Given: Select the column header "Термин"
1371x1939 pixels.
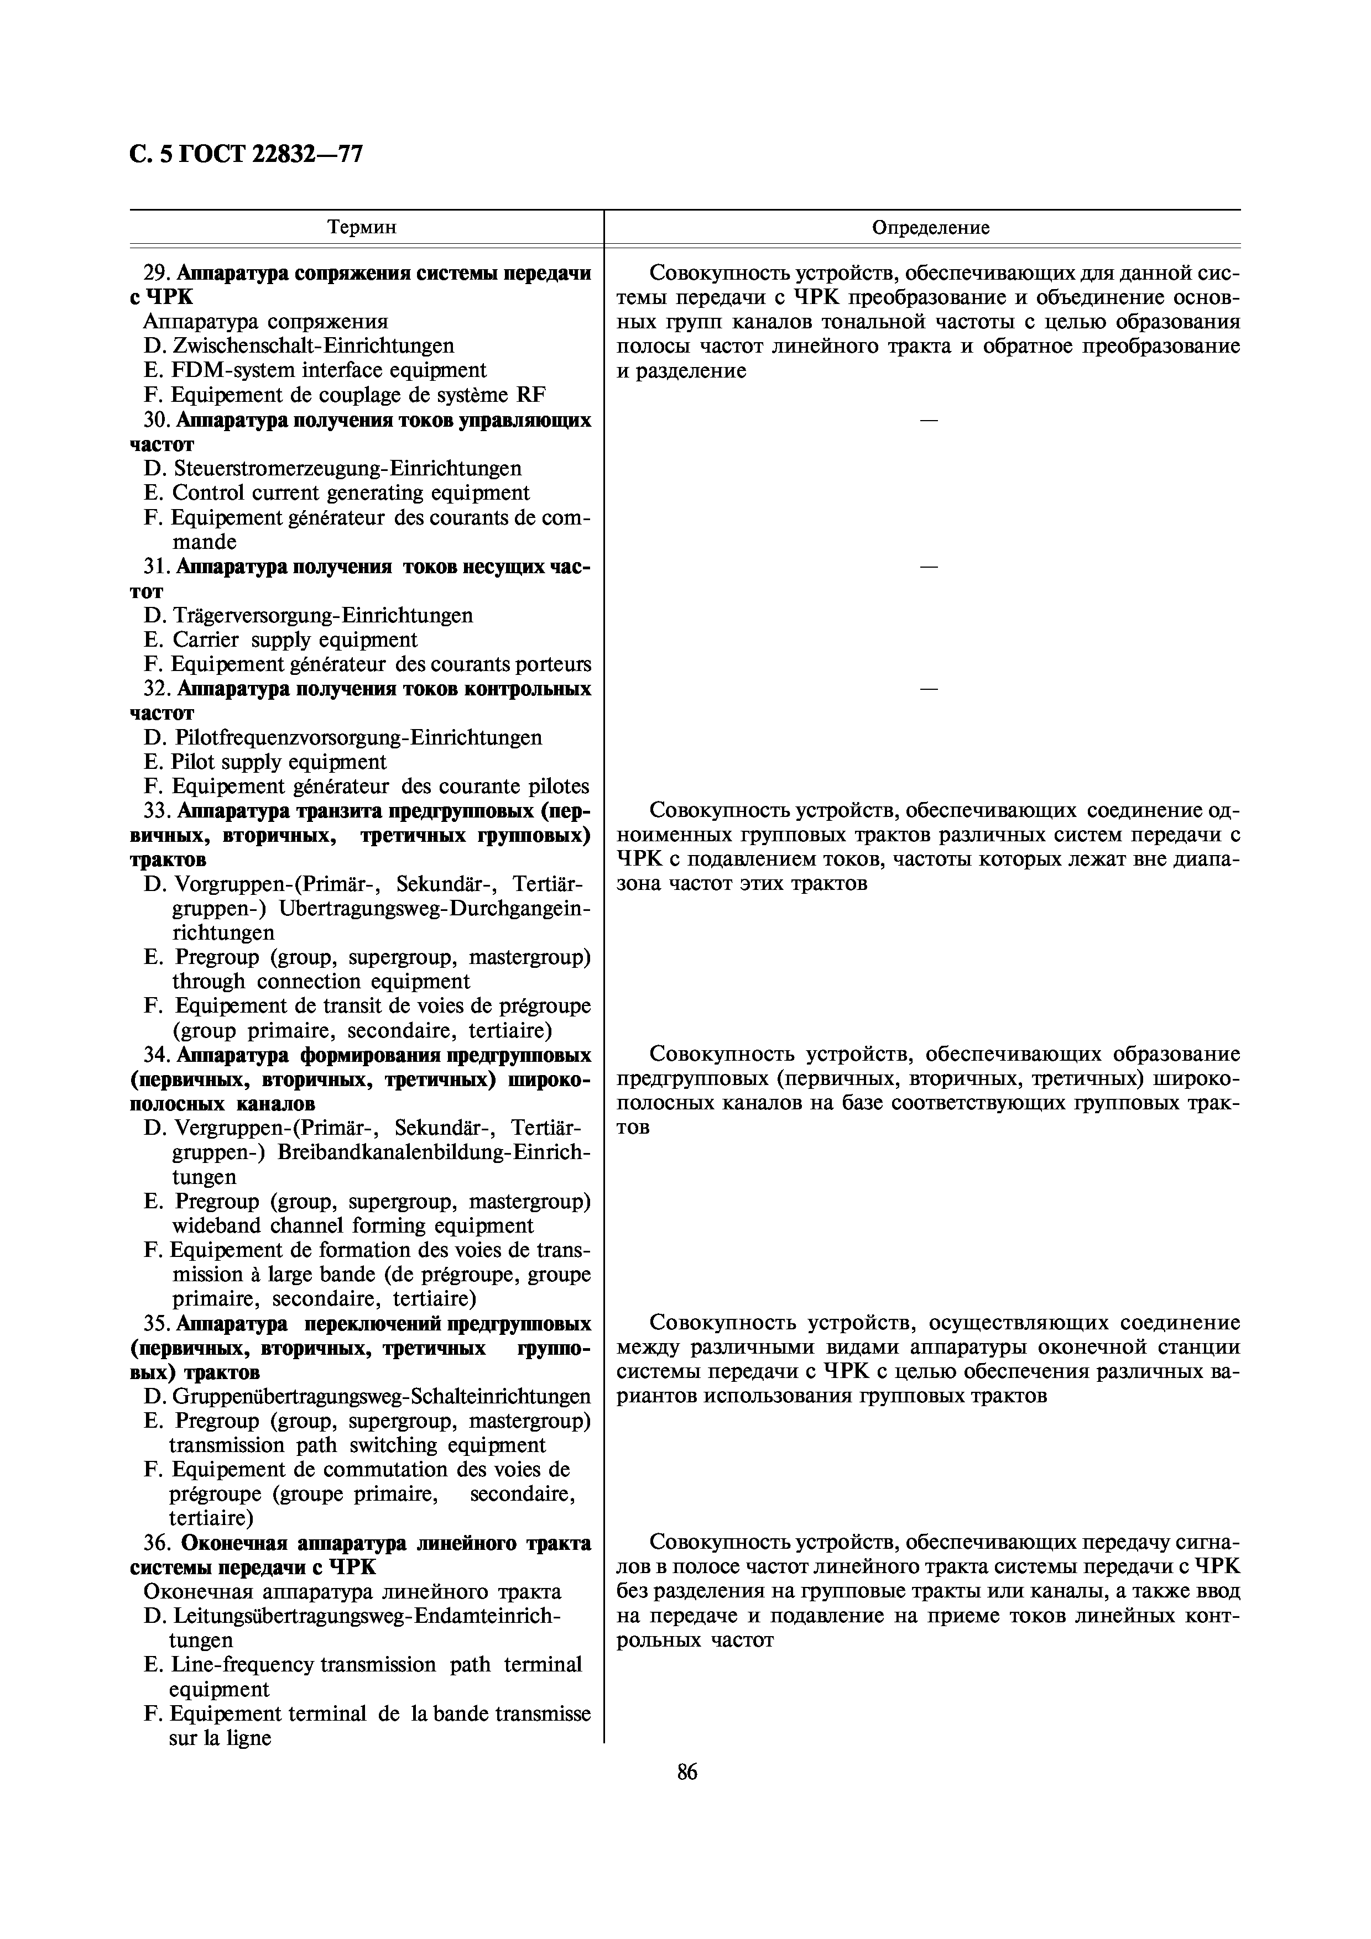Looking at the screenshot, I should coord(362,227).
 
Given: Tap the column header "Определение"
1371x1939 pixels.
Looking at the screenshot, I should coord(930,227).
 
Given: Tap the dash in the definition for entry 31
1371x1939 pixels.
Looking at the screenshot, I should coord(929,567).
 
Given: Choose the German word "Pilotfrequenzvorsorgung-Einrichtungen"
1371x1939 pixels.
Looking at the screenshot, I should coord(357,738).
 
